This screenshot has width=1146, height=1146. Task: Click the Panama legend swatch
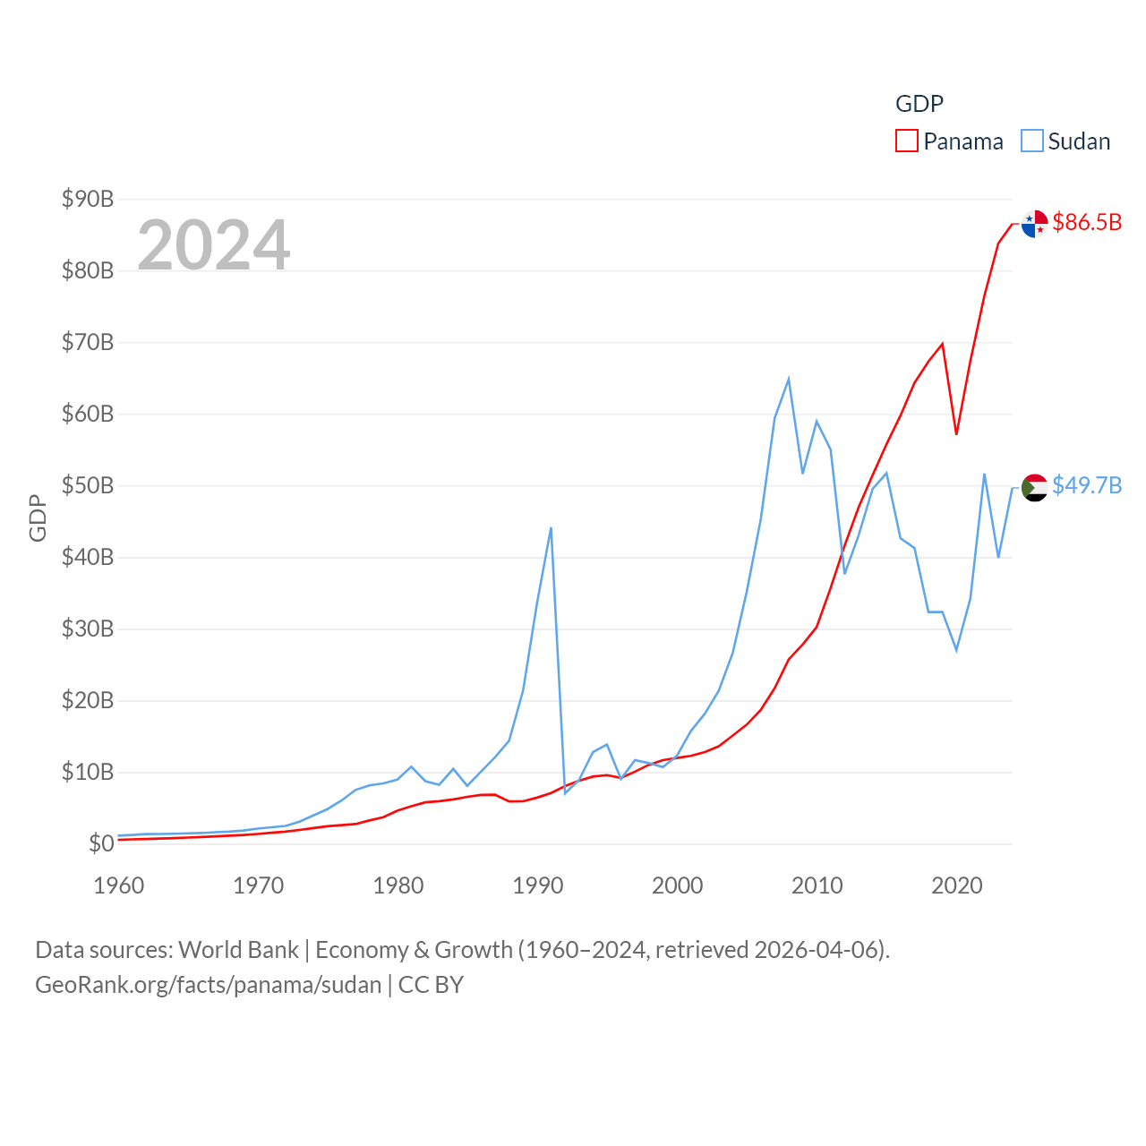(907, 141)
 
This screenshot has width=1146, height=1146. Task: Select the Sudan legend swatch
(1032, 141)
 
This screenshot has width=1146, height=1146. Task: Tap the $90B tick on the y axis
(88, 199)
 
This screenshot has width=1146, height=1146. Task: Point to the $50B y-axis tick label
(88, 485)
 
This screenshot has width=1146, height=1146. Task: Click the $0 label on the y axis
(101, 843)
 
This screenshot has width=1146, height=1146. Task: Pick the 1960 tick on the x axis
(119, 885)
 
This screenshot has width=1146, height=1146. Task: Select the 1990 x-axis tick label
(538, 885)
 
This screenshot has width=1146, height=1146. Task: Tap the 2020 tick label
(957, 885)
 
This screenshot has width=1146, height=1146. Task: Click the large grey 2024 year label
(214, 244)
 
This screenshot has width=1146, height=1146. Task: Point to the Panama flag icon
(1035, 224)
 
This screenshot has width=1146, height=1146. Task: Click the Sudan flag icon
(1035, 488)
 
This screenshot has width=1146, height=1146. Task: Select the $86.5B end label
(1087, 222)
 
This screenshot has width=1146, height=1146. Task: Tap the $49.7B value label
(1087, 485)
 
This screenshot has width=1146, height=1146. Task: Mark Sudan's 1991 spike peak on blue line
(551, 528)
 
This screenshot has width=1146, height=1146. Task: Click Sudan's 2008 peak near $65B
(789, 379)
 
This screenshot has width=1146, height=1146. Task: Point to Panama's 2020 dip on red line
(956, 434)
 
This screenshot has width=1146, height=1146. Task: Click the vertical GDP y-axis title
(38, 517)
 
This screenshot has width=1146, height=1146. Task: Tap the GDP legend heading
(919, 104)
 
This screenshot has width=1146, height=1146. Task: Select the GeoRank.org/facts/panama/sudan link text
(209, 985)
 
